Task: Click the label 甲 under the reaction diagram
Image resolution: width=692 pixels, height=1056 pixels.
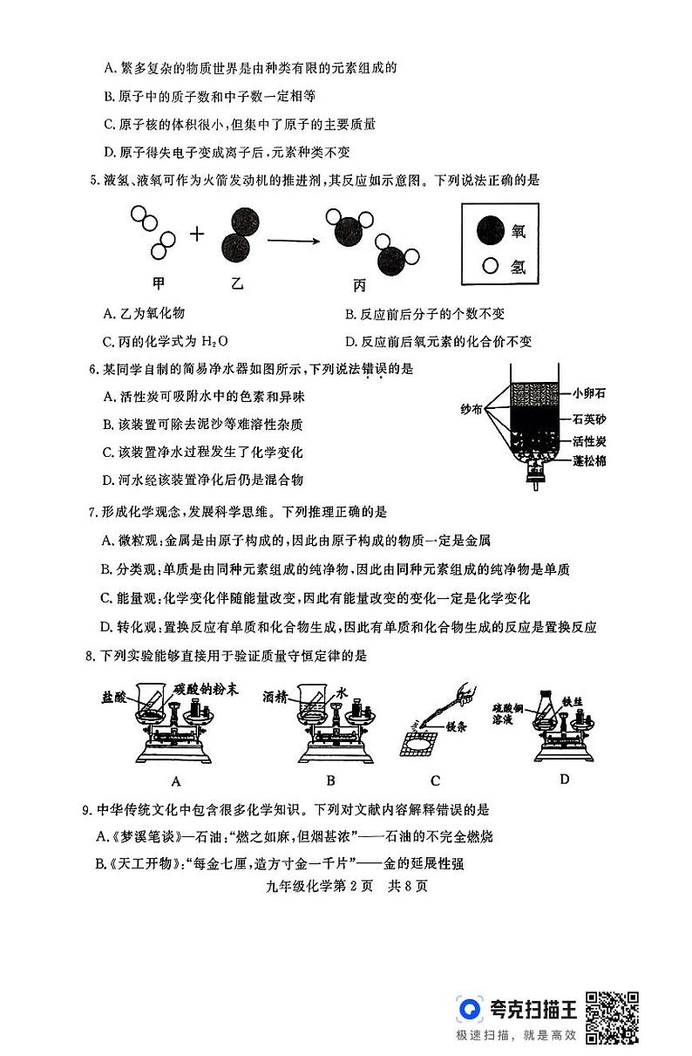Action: click(x=158, y=283)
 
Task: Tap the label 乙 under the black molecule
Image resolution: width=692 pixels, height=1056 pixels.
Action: click(x=237, y=283)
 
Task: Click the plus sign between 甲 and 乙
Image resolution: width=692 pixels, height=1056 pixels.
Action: click(x=197, y=234)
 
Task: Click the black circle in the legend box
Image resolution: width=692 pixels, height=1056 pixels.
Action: click(x=492, y=230)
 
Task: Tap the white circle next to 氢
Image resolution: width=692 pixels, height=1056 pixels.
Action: click(x=491, y=266)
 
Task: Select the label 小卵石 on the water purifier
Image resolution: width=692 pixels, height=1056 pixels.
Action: click(x=590, y=393)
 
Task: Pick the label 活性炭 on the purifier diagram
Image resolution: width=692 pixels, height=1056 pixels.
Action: click(x=590, y=440)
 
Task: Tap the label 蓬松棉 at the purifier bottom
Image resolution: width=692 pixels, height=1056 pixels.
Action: click(x=590, y=460)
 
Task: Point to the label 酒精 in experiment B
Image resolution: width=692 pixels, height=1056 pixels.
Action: click(x=275, y=696)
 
